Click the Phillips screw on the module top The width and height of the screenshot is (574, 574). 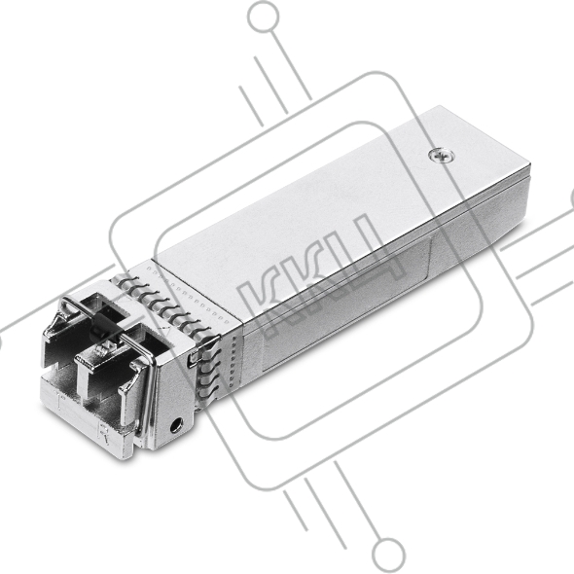tap(442, 156)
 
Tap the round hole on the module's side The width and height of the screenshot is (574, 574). tap(176, 425)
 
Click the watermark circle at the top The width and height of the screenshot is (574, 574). tap(263, 16)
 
